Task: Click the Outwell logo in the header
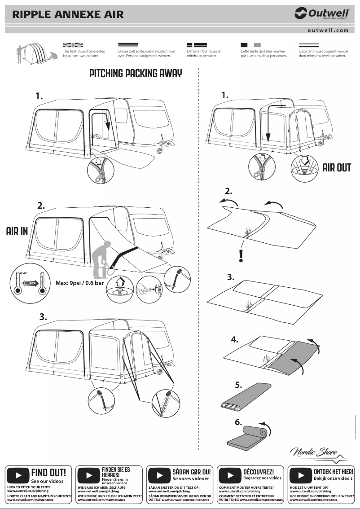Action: click(321, 14)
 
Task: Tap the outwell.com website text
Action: click(328, 30)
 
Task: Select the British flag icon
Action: click(73, 45)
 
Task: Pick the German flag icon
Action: click(128, 45)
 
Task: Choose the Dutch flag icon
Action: click(309, 45)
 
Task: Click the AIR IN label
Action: click(17, 232)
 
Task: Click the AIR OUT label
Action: click(337, 167)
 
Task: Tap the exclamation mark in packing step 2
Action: click(241, 255)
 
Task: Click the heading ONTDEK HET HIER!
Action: click(333, 472)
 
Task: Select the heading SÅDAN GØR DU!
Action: click(191, 472)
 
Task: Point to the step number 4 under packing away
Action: click(234, 339)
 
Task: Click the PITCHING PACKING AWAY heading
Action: click(136, 74)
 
